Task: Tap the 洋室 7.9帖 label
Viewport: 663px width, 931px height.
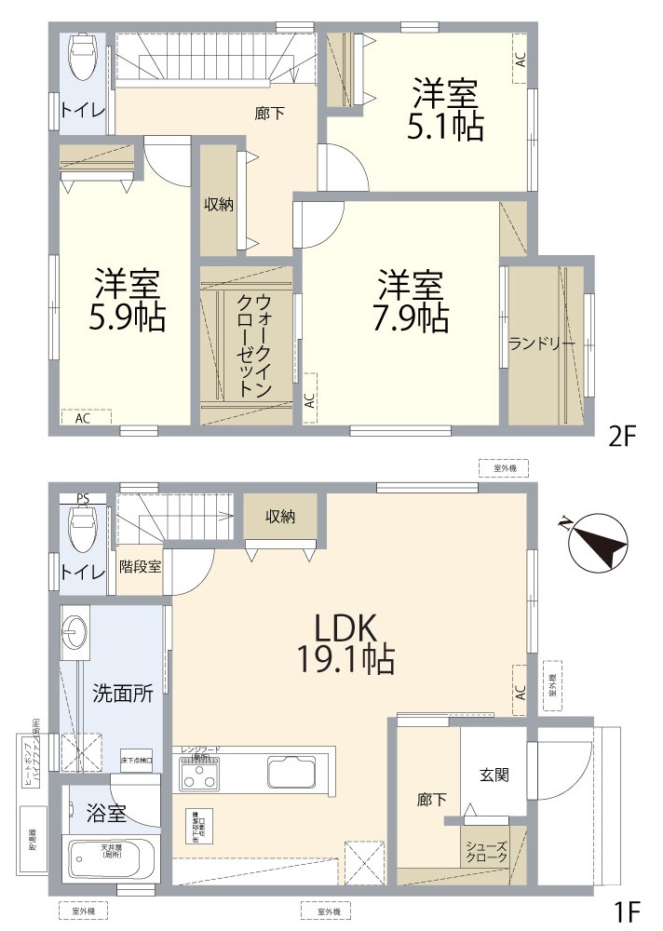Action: [x=410, y=300]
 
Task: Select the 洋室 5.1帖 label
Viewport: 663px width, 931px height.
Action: [x=445, y=110]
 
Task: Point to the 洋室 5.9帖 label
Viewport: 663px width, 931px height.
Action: [x=127, y=300]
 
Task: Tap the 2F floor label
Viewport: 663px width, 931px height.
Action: [x=621, y=436]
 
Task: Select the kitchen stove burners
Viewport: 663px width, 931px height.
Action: [x=200, y=772]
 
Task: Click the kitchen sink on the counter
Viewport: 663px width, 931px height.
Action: [x=290, y=772]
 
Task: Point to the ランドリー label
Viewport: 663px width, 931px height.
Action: [x=541, y=344]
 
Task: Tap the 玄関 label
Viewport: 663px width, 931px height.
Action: [x=494, y=775]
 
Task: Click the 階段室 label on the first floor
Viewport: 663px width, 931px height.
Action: [x=141, y=566]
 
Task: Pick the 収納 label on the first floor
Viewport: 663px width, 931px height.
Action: [x=280, y=517]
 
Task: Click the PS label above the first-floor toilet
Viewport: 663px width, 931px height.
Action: [x=83, y=498]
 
